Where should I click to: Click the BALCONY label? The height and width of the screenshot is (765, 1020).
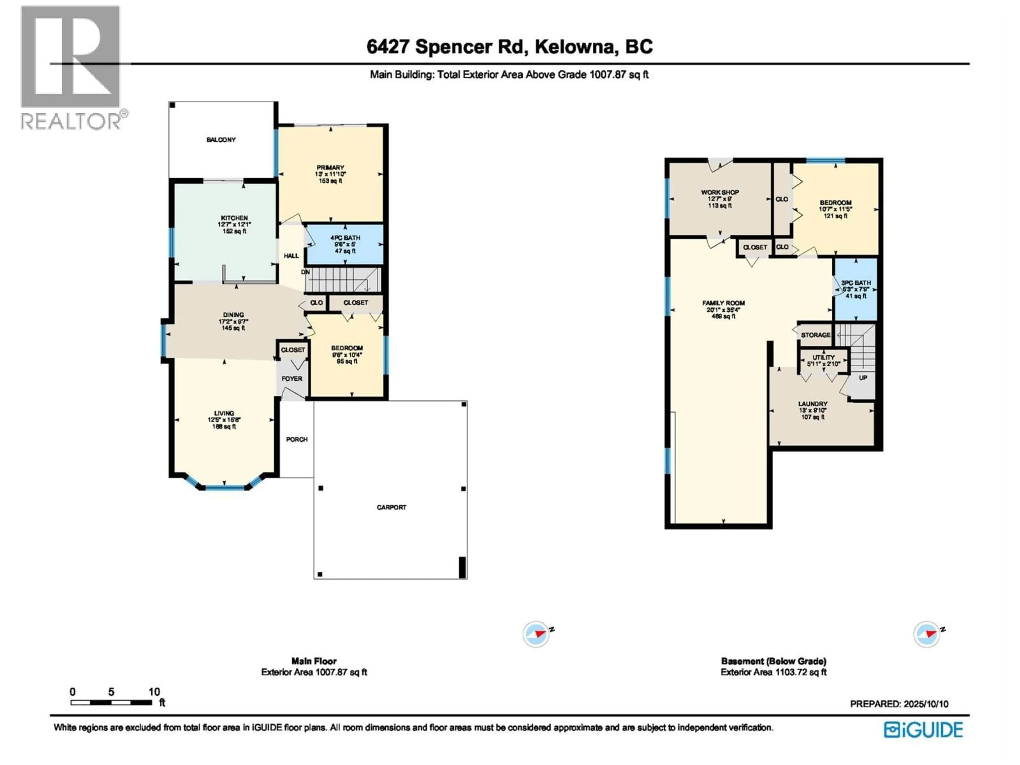(221, 140)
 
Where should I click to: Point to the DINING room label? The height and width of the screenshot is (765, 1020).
(233, 315)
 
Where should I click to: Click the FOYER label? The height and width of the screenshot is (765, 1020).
(292, 379)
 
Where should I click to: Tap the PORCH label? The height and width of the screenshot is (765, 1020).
(296, 439)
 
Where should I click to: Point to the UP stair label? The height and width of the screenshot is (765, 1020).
(863, 378)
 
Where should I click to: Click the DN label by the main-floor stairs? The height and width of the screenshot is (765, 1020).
(305, 272)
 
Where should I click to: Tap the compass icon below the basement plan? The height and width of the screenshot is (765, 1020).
(927, 635)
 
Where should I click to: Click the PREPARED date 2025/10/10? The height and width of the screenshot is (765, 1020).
(899, 704)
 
